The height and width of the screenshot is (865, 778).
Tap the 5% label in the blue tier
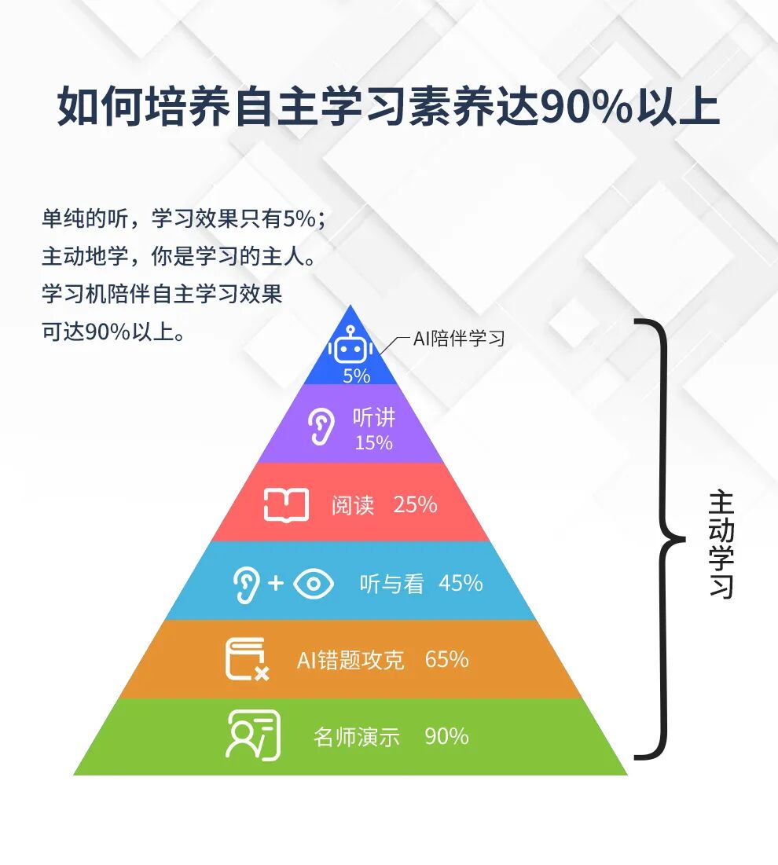(356, 376)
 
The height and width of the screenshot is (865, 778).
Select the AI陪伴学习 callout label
(459, 339)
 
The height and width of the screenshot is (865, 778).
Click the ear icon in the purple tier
(320, 427)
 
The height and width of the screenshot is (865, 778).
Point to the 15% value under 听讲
(373, 443)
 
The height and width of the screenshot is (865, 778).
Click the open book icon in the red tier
(285, 504)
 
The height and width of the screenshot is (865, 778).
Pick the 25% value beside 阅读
(415, 504)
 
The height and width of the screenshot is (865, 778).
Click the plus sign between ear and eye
(275, 584)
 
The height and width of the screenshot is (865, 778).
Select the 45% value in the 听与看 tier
(461, 584)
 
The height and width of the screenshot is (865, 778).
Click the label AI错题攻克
(350, 660)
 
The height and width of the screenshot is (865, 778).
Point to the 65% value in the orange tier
(446, 660)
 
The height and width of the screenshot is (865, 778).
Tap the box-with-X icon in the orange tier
(247, 660)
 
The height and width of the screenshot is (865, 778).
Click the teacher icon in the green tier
(252, 735)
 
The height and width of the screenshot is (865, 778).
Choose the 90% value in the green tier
(446, 737)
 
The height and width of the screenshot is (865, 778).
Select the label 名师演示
(357, 737)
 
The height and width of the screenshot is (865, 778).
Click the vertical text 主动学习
(721, 544)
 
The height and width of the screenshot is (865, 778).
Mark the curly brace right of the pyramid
(660, 540)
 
